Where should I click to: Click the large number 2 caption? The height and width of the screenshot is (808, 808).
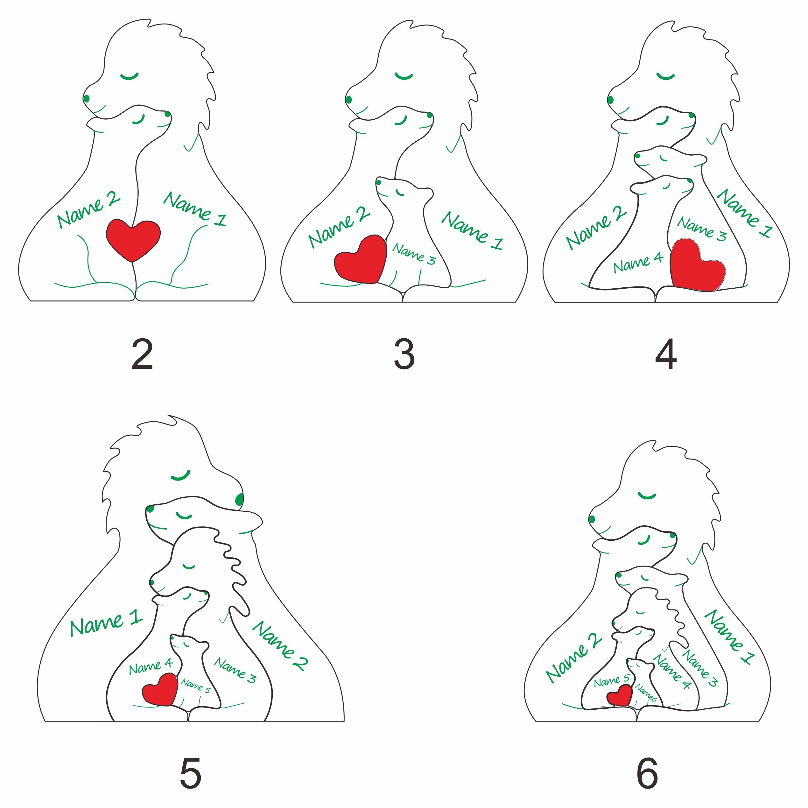142,354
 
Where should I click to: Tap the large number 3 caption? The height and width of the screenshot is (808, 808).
404,354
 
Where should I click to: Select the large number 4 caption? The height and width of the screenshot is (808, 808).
665,354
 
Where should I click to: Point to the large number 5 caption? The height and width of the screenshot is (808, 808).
191,773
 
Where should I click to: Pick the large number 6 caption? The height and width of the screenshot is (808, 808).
647,773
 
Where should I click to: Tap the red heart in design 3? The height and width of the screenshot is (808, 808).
361,260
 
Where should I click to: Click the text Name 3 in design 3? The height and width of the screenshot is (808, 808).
414,254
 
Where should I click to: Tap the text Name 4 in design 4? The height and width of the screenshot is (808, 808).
638,262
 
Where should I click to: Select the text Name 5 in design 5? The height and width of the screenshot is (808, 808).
196,685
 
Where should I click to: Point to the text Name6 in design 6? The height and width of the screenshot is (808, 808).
646,693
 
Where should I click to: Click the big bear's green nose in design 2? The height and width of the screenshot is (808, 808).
87,99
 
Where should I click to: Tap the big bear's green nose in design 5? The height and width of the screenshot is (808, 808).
240,499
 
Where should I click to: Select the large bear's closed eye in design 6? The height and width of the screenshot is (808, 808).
647,495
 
